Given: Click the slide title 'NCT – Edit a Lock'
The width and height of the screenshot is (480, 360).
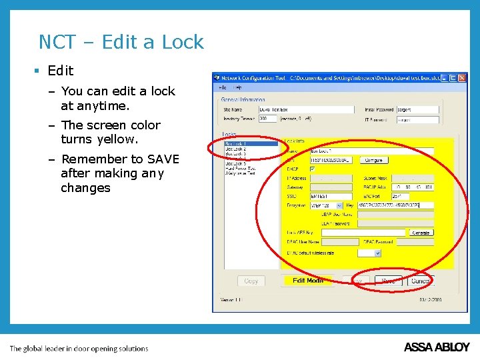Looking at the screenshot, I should (121, 42).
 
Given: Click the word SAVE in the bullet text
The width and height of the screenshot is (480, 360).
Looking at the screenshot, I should (163, 159).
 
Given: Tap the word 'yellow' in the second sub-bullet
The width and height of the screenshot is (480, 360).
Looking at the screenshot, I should (116, 139).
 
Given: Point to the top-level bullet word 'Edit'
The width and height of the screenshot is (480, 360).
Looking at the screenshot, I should (61, 71).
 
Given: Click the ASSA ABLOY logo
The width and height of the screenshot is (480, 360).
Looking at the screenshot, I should (437, 347).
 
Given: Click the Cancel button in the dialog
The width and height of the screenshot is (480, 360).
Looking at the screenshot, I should (420, 281).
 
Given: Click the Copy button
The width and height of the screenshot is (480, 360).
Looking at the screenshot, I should (251, 281).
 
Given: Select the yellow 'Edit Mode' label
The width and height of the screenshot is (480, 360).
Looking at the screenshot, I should (307, 281).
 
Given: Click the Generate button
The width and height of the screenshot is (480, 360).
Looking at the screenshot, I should (421, 233).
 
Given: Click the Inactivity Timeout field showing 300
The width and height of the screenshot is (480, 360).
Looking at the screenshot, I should (267, 119).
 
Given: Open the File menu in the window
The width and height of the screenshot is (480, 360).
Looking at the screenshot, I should (223, 87).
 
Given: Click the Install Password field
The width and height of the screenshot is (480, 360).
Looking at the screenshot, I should (418, 109).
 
